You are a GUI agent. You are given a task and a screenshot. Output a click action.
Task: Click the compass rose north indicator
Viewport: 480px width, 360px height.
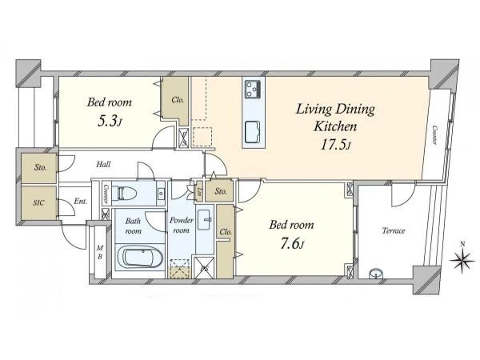462,258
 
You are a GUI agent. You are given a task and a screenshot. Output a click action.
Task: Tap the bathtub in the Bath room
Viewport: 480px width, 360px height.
139,257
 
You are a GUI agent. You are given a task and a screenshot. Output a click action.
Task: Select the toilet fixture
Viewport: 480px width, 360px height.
122,193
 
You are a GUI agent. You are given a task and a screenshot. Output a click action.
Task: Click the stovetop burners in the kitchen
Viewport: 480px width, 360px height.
253,89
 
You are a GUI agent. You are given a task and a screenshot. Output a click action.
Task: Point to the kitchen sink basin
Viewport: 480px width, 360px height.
253,132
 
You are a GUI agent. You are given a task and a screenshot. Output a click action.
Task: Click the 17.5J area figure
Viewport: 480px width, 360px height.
335,145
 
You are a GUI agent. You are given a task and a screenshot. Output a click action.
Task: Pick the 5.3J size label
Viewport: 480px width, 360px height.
110,122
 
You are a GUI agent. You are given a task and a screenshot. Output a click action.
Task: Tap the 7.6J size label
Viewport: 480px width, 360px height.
292,244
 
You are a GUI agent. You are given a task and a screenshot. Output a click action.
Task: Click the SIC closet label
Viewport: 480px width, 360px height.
39,202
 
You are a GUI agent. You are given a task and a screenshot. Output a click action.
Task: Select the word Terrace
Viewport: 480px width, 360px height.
394,230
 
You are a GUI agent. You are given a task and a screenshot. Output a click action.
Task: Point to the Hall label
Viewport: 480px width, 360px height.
103,164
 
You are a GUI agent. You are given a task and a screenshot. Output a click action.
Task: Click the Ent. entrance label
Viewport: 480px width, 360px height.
81,202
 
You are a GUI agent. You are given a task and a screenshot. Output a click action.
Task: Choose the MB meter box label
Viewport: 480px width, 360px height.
100,252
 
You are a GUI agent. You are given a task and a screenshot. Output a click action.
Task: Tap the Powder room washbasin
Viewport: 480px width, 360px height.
205,220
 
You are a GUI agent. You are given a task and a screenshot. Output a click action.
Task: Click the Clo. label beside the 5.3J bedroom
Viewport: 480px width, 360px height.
178,100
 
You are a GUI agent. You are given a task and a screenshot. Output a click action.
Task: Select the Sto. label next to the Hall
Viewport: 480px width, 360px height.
41,167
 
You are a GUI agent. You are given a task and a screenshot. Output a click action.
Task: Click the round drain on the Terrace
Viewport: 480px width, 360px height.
374,273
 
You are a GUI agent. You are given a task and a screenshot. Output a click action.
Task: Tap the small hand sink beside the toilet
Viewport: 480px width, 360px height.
161,193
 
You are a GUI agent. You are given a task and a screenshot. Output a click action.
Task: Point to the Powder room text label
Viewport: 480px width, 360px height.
182,225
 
